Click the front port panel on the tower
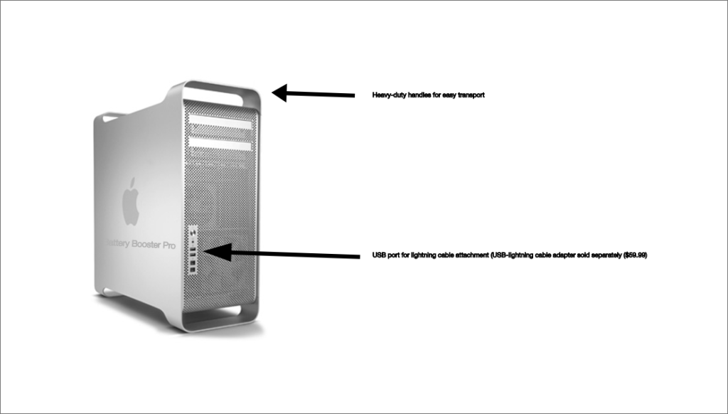pyautogui.click(x=193, y=250)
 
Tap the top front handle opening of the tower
pyautogui.click(x=220, y=92)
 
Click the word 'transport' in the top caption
pyautogui.click(x=470, y=95)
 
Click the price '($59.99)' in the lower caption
pyautogui.click(x=635, y=255)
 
